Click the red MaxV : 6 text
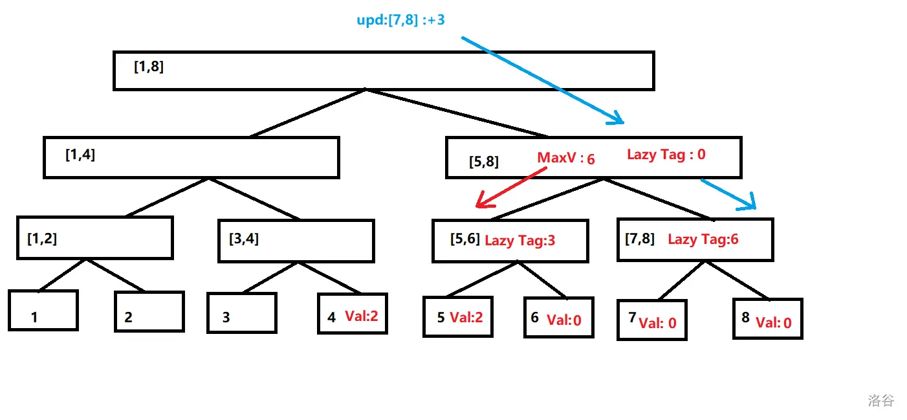(x=566, y=159)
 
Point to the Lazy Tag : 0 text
(x=666, y=154)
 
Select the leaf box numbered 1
(x=43, y=311)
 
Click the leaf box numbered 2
(x=149, y=311)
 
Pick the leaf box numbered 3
(x=242, y=313)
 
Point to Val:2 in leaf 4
(x=361, y=316)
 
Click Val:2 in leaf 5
(x=466, y=317)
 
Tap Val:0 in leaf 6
(x=564, y=320)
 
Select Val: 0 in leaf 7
(x=657, y=323)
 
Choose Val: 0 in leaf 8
(x=774, y=322)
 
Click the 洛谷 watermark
(x=880, y=401)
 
